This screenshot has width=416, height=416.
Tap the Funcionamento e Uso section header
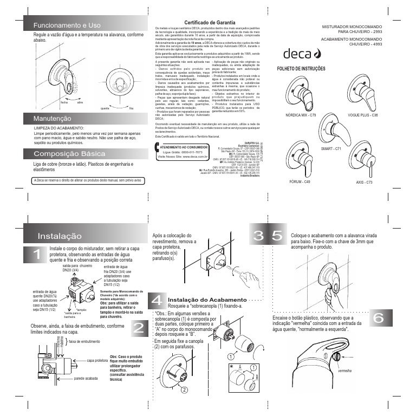[x=67, y=25]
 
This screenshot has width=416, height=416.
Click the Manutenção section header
[x=53, y=118]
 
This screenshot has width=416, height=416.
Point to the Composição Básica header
[x=69, y=154]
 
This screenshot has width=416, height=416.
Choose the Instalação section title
[x=60, y=236]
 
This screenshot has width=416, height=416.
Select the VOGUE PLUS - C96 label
[x=362, y=115]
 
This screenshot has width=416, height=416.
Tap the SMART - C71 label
[x=330, y=148]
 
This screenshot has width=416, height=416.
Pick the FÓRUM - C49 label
[x=299, y=182]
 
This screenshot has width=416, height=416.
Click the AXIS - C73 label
[x=364, y=183]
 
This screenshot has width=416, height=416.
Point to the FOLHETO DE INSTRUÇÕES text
[x=301, y=69]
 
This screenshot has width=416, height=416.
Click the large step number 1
[x=36, y=254]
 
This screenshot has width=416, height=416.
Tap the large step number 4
[x=157, y=301]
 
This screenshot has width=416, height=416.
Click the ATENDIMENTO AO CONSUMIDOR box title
[x=183, y=146]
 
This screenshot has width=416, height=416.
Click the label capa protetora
[x=97, y=360]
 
